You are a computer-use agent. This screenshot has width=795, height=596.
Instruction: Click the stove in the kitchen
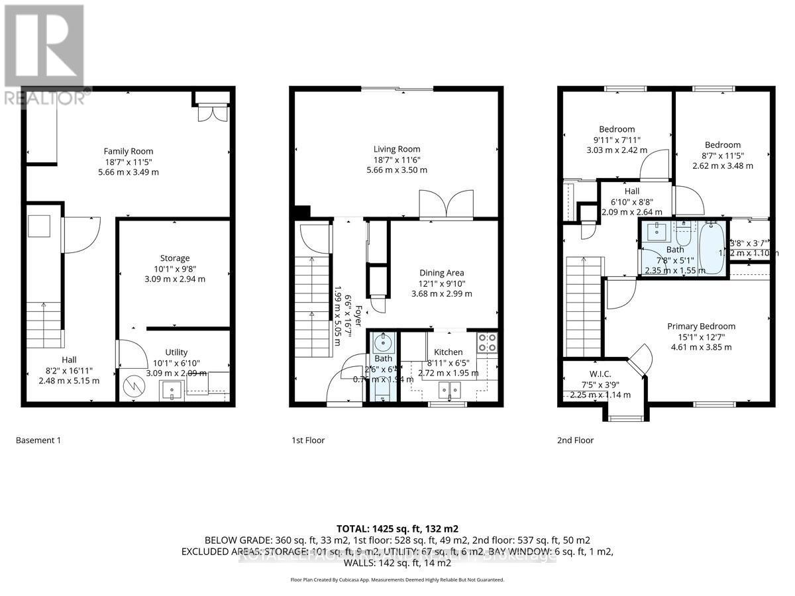click(487, 342)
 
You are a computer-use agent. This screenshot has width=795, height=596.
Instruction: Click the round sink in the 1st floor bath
click(383, 344)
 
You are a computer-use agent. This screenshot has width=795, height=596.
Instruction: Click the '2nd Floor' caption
click(575, 440)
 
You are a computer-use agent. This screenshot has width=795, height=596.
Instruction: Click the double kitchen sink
click(448, 389)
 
